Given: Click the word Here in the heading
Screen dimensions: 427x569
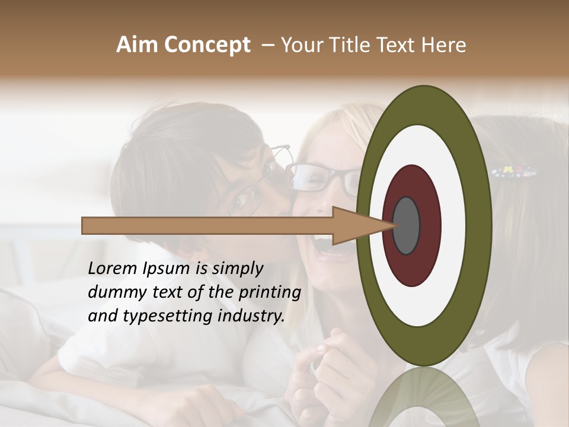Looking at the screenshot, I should [444, 45].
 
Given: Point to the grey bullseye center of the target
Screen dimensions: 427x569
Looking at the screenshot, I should [406, 225].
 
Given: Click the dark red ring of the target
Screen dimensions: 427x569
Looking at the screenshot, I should [411, 181].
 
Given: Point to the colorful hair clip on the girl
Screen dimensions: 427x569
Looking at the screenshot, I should [514, 173].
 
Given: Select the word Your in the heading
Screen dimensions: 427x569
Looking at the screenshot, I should [301, 45].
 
